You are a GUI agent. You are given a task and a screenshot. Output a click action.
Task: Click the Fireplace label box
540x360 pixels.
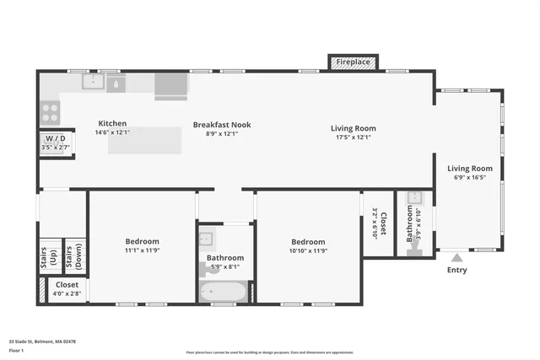point(353,62)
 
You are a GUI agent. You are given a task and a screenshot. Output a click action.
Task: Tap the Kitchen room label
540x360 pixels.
point(112,123)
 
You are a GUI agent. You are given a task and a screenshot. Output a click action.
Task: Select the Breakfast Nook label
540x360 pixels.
point(222,125)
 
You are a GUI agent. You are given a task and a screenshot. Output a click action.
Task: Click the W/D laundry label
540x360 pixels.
point(56,138)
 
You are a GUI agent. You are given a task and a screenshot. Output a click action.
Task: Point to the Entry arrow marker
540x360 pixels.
point(456,258)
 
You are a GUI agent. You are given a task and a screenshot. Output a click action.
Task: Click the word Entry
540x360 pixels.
point(456,271)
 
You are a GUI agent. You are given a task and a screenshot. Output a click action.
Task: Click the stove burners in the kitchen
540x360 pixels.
point(50,112)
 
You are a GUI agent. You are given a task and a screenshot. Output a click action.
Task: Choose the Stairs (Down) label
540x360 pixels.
point(74,260)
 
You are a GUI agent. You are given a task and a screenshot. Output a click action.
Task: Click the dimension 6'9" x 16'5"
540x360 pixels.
point(469,179)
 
